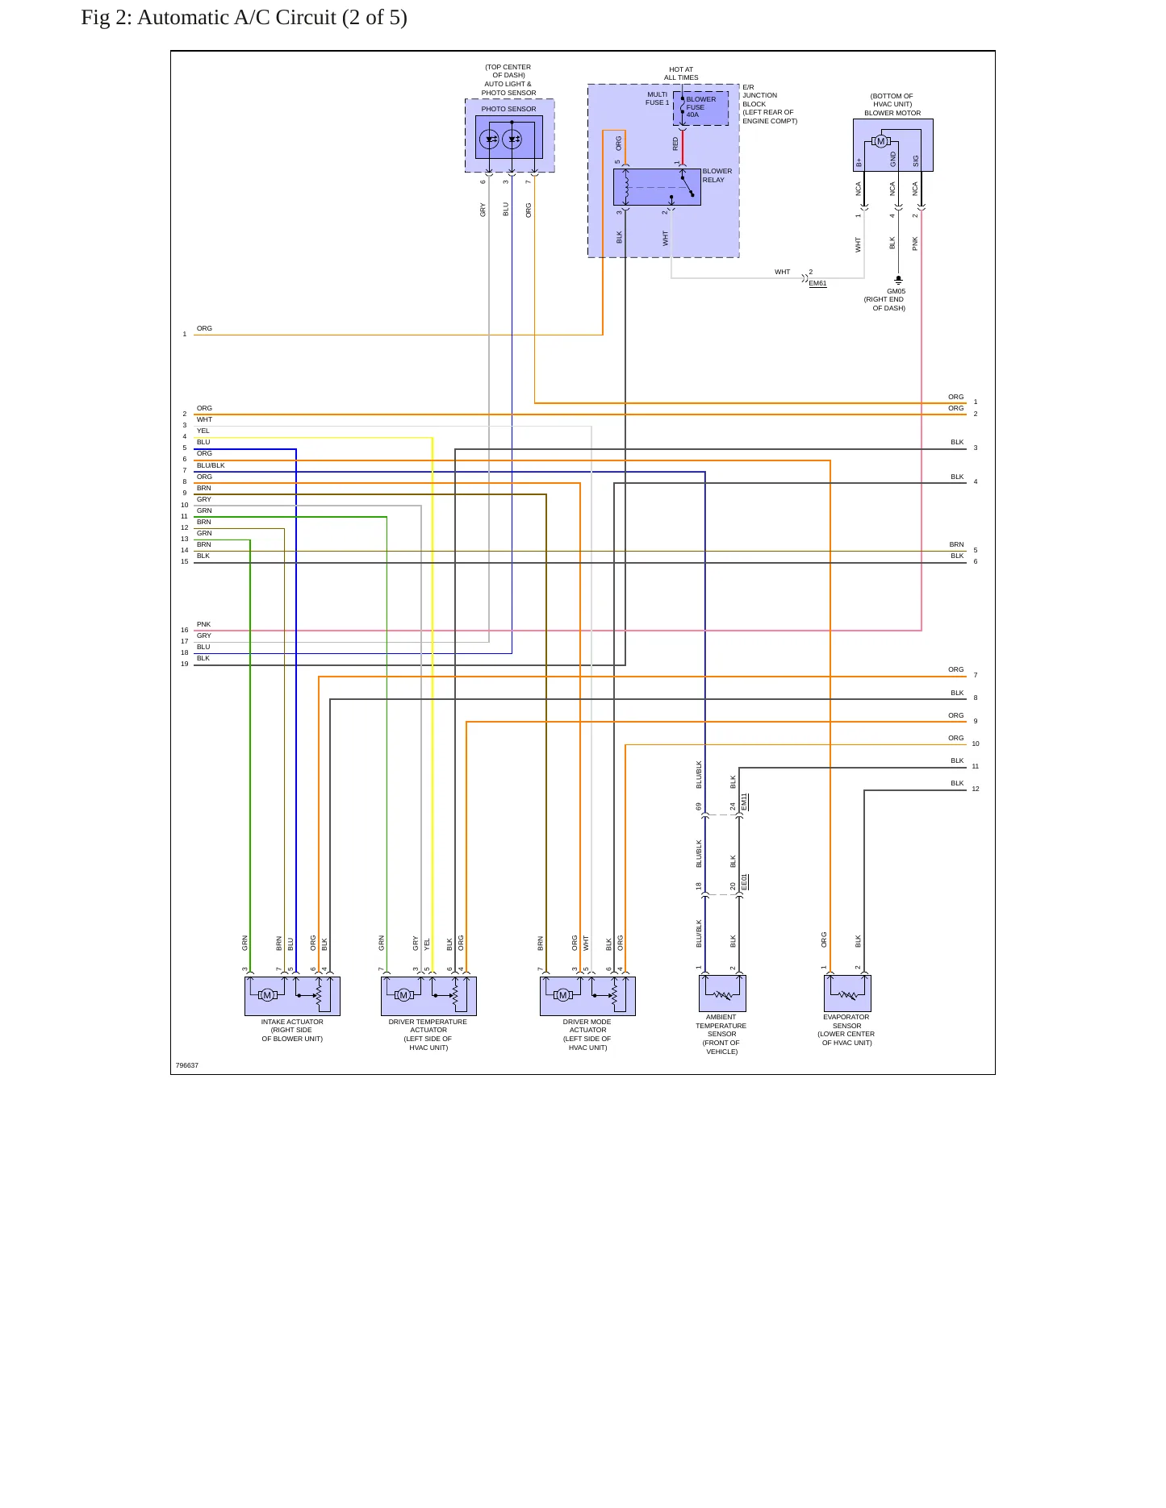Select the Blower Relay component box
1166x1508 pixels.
point(657,187)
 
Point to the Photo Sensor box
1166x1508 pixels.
point(509,137)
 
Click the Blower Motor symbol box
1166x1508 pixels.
point(893,145)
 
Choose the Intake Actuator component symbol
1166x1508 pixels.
point(292,996)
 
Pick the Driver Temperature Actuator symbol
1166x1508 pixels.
point(428,996)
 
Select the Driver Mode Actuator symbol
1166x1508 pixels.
point(587,996)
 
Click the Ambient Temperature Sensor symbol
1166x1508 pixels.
point(722,994)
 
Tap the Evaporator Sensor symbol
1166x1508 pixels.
point(847,994)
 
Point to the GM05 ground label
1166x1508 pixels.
point(896,292)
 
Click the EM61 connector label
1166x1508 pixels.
point(817,284)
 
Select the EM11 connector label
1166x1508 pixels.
point(744,802)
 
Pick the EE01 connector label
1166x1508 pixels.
point(744,882)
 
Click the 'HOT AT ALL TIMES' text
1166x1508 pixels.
point(681,74)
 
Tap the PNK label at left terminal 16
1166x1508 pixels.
point(203,625)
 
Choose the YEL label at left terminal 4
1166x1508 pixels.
point(203,431)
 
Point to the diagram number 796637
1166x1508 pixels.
point(187,1066)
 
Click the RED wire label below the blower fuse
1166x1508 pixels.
point(676,144)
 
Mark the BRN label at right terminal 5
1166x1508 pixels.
point(956,545)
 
